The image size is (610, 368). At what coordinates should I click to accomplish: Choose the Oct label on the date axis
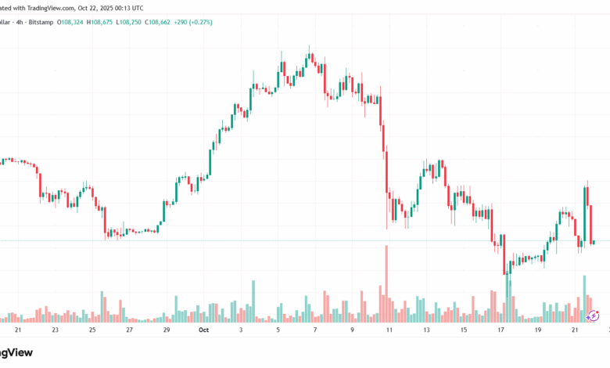(203, 330)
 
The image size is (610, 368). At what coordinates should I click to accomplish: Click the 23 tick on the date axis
(55, 330)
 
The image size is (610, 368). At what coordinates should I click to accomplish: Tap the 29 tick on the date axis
(167, 330)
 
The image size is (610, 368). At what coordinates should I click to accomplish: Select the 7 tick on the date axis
(315, 330)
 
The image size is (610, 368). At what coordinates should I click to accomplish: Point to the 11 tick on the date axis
(389, 330)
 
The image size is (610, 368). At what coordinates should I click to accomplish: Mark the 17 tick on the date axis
(501, 330)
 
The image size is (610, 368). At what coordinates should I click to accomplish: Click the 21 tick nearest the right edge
(575, 330)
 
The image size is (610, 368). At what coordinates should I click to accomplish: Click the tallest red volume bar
(386, 283)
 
